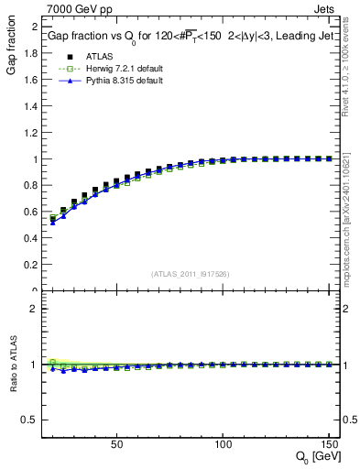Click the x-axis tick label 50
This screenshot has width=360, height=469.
[116, 445]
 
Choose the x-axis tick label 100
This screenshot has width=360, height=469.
[223, 445]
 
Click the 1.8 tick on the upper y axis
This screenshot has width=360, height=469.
[33, 52]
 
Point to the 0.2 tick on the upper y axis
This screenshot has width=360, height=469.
[33, 265]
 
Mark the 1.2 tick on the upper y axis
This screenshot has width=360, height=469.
[33, 132]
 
